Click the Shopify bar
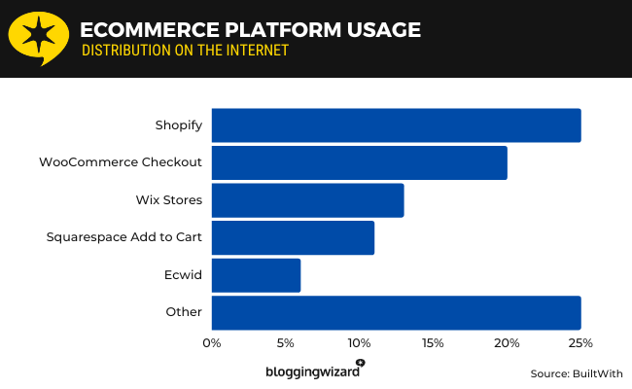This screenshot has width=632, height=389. pos(396,125)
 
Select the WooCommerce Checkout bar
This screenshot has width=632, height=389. pos(359,162)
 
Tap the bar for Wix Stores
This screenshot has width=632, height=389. pos(307,200)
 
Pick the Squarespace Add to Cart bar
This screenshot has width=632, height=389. pos(293,237)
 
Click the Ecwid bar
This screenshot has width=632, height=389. pos(256,275)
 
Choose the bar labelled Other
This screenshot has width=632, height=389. pos(396,312)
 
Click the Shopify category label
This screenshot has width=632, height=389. pos(178,125)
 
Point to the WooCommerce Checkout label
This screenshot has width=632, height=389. pos(121,162)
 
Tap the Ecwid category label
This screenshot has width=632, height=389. pos(184,275)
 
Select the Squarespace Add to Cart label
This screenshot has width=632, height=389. pos(124,237)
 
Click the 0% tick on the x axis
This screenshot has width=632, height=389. pos(212,342)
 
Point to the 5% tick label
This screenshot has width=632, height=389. pos(286,342)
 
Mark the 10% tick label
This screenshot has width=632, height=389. pos(359,342)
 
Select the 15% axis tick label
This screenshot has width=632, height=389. pos(433,342)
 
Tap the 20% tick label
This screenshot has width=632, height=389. pos(507,342)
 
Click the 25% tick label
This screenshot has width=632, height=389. pos(580,342)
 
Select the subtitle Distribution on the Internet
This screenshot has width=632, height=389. pos(186,51)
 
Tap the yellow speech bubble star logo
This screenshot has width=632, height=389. pos(38,38)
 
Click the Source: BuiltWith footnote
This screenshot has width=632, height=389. pos(576,373)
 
